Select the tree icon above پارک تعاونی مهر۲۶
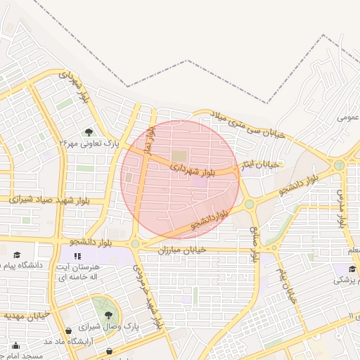tap(89, 131)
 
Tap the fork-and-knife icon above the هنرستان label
tap(78, 256)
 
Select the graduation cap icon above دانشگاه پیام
tap(17, 255)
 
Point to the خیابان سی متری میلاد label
tap(250, 125)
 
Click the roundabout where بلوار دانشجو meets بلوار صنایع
tap(249, 205)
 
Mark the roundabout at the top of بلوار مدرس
tap(339, 165)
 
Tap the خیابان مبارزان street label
tap(181, 250)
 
